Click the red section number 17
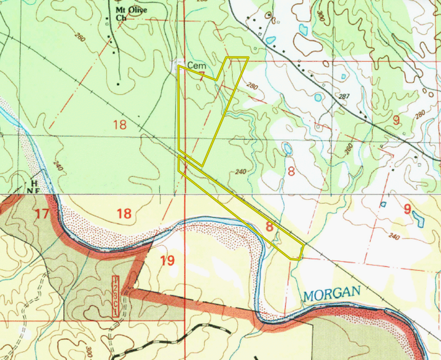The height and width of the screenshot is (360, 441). pyautogui.click(x=42, y=214)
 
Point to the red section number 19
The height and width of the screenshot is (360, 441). pyautogui.click(x=168, y=261)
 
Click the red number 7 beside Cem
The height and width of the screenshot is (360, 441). pyautogui.click(x=202, y=76)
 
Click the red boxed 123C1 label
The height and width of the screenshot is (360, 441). pyautogui.click(x=116, y=296)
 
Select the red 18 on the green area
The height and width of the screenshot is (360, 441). pyautogui.click(x=120, y=125)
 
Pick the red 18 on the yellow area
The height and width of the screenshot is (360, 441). pyautogui.click(x=124, y=213)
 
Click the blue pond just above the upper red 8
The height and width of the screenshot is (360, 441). pyautogui.click(x=287, y=148)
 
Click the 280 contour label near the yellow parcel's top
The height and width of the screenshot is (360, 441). pyautogui.click(x=252, y=86)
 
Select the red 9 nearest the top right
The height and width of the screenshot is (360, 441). pyautogui.click(x=396, y=120)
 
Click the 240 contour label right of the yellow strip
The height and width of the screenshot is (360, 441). pyautogui.click(x=241, y=172)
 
